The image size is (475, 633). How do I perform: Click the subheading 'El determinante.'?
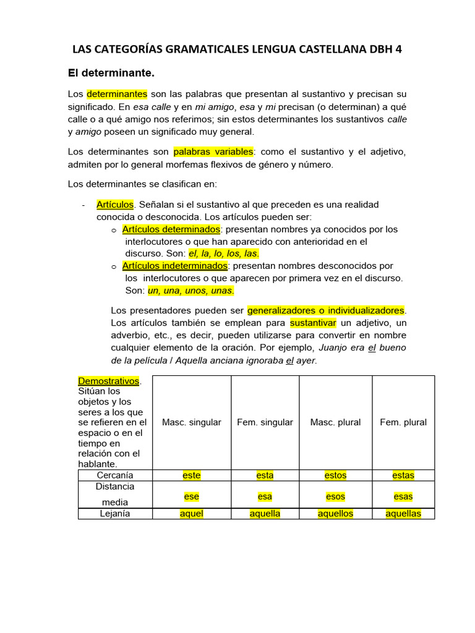(110, 74)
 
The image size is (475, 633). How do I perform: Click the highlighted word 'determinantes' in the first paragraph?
(117, 94)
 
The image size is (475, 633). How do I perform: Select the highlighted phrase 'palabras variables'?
(213, 151)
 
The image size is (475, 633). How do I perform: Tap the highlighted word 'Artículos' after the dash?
(115, 204)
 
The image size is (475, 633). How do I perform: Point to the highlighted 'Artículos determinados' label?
(171, 229)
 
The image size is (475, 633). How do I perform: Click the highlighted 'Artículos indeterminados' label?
(175, 266)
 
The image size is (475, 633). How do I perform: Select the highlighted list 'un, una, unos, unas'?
(190, 291)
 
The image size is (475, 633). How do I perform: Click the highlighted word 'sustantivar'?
(313, 323)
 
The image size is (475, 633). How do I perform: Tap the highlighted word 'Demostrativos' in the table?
(109, 381)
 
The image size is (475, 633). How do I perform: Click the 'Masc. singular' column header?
(192, 422)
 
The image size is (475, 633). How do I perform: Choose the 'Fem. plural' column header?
(403, 422)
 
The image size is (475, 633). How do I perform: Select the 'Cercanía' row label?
(115, 475)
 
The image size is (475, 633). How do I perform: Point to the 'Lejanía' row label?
(115, 514)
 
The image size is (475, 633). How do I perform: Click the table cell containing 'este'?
(192, 475)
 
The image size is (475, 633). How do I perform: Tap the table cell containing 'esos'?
(336, 496)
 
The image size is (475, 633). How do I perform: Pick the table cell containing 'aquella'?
(265, 514)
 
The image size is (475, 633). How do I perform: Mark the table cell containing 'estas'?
(403, 475)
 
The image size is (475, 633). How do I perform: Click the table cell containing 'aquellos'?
(336, 514)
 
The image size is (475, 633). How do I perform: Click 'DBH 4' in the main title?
(382, 49)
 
